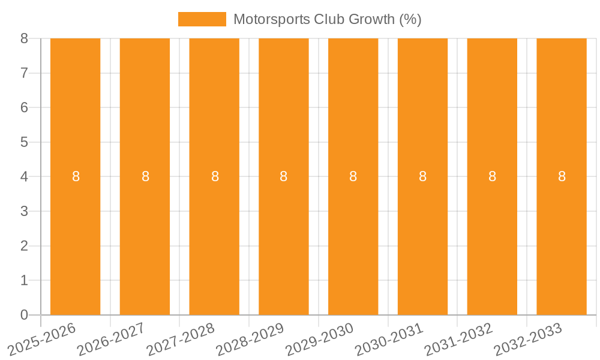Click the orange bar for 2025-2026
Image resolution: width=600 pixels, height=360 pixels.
tap(75, 120)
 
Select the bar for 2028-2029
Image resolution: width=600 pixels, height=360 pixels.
tap(284, 120)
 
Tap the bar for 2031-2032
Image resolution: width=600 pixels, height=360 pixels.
tap(492, 120)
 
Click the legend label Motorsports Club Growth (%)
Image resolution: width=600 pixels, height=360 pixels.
tap(327, 19)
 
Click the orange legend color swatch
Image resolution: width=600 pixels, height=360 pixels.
tap(202, 19)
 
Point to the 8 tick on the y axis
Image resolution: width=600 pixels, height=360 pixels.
tap(24, 38)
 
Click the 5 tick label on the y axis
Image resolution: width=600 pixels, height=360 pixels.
tap(24, 142)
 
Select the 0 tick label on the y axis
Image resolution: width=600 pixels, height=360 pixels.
tap(24, 315)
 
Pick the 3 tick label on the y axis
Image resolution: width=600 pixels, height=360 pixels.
tap(24, 211)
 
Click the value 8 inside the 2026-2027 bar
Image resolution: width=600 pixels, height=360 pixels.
tap(145, 176)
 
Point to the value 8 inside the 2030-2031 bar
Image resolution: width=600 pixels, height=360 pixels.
tap(423, 176)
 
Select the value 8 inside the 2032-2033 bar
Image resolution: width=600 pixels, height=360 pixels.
tap(562, 176)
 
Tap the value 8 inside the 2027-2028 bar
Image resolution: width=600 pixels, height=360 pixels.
tap(215, 176)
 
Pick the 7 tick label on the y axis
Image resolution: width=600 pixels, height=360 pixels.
tap(24, 73)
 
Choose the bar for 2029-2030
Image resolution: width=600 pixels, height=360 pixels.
tap(353, 120)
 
